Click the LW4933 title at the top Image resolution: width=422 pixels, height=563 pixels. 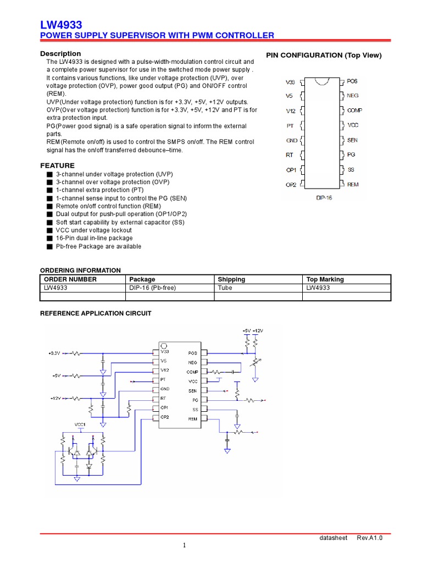(61, 25)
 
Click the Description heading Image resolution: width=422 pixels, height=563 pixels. (60, 54)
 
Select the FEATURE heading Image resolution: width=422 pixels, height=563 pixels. (57, 165)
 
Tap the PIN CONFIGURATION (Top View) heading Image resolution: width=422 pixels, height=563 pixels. (324, 56)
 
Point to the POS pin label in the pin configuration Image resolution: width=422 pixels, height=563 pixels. (352, 81)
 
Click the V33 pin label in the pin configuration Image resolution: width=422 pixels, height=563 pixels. (290, 82)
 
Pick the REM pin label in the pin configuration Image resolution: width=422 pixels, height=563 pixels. (353, 184)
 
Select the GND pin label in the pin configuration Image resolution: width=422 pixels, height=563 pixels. (291, 141)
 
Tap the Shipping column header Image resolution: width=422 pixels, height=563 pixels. (231, 279)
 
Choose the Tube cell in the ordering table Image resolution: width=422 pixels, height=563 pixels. (225, 288)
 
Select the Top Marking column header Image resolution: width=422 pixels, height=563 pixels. (325, 279)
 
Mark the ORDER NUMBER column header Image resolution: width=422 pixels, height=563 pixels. (70, 279)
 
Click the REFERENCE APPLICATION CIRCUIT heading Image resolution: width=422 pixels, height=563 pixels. (96, 313)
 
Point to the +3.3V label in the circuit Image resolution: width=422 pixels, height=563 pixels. (54, 353)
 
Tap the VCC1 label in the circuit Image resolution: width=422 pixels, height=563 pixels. (81, 424)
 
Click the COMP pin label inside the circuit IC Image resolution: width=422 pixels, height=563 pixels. (192, 372)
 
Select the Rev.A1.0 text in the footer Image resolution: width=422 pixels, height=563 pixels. (370, 538)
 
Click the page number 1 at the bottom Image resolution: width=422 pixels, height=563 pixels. (185, 545)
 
